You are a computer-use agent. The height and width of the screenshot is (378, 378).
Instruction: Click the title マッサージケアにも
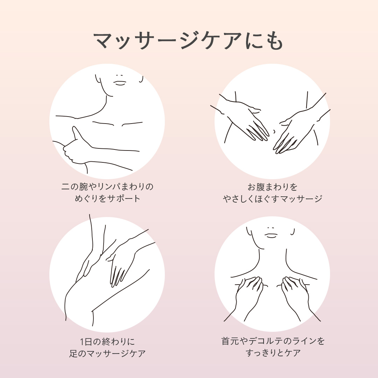[x=189, y=41]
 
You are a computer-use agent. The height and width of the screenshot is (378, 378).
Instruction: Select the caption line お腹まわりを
[x=273, y=187]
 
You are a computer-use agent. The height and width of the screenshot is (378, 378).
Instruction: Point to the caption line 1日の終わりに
[x=107, y=341]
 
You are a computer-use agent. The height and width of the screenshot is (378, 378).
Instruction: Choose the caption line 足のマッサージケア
[x=107, y=353]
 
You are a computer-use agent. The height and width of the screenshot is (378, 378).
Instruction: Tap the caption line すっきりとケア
[x=273, y=353]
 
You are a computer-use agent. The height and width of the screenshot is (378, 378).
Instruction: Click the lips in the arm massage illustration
[x=120, y=83]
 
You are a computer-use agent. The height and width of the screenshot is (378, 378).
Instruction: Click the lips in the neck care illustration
[x=271, y=235]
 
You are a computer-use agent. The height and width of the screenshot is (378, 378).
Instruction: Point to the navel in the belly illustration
[x=274, y=131]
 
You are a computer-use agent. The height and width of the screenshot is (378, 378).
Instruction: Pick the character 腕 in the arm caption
[x=84, y=187]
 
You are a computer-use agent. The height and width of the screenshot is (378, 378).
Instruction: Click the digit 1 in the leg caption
[x=82, y=342]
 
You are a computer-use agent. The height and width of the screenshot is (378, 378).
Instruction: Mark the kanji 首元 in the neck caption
[x=230, y=341]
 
